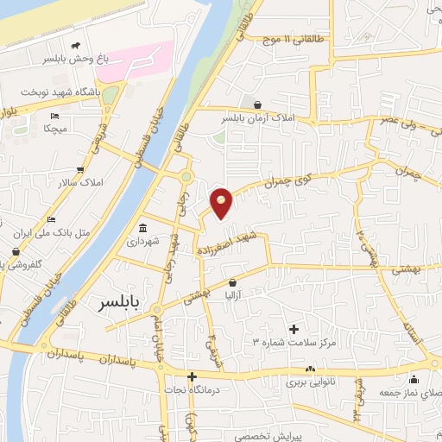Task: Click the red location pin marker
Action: tap(222, 203)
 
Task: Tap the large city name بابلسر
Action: tap(117, 303)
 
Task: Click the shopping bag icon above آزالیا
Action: tap(232, 282)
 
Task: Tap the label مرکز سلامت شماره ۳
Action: tap(294, 343)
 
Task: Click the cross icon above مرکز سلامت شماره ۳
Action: tap(294, 329)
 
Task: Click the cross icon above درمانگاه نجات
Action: tap(192, 376)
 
